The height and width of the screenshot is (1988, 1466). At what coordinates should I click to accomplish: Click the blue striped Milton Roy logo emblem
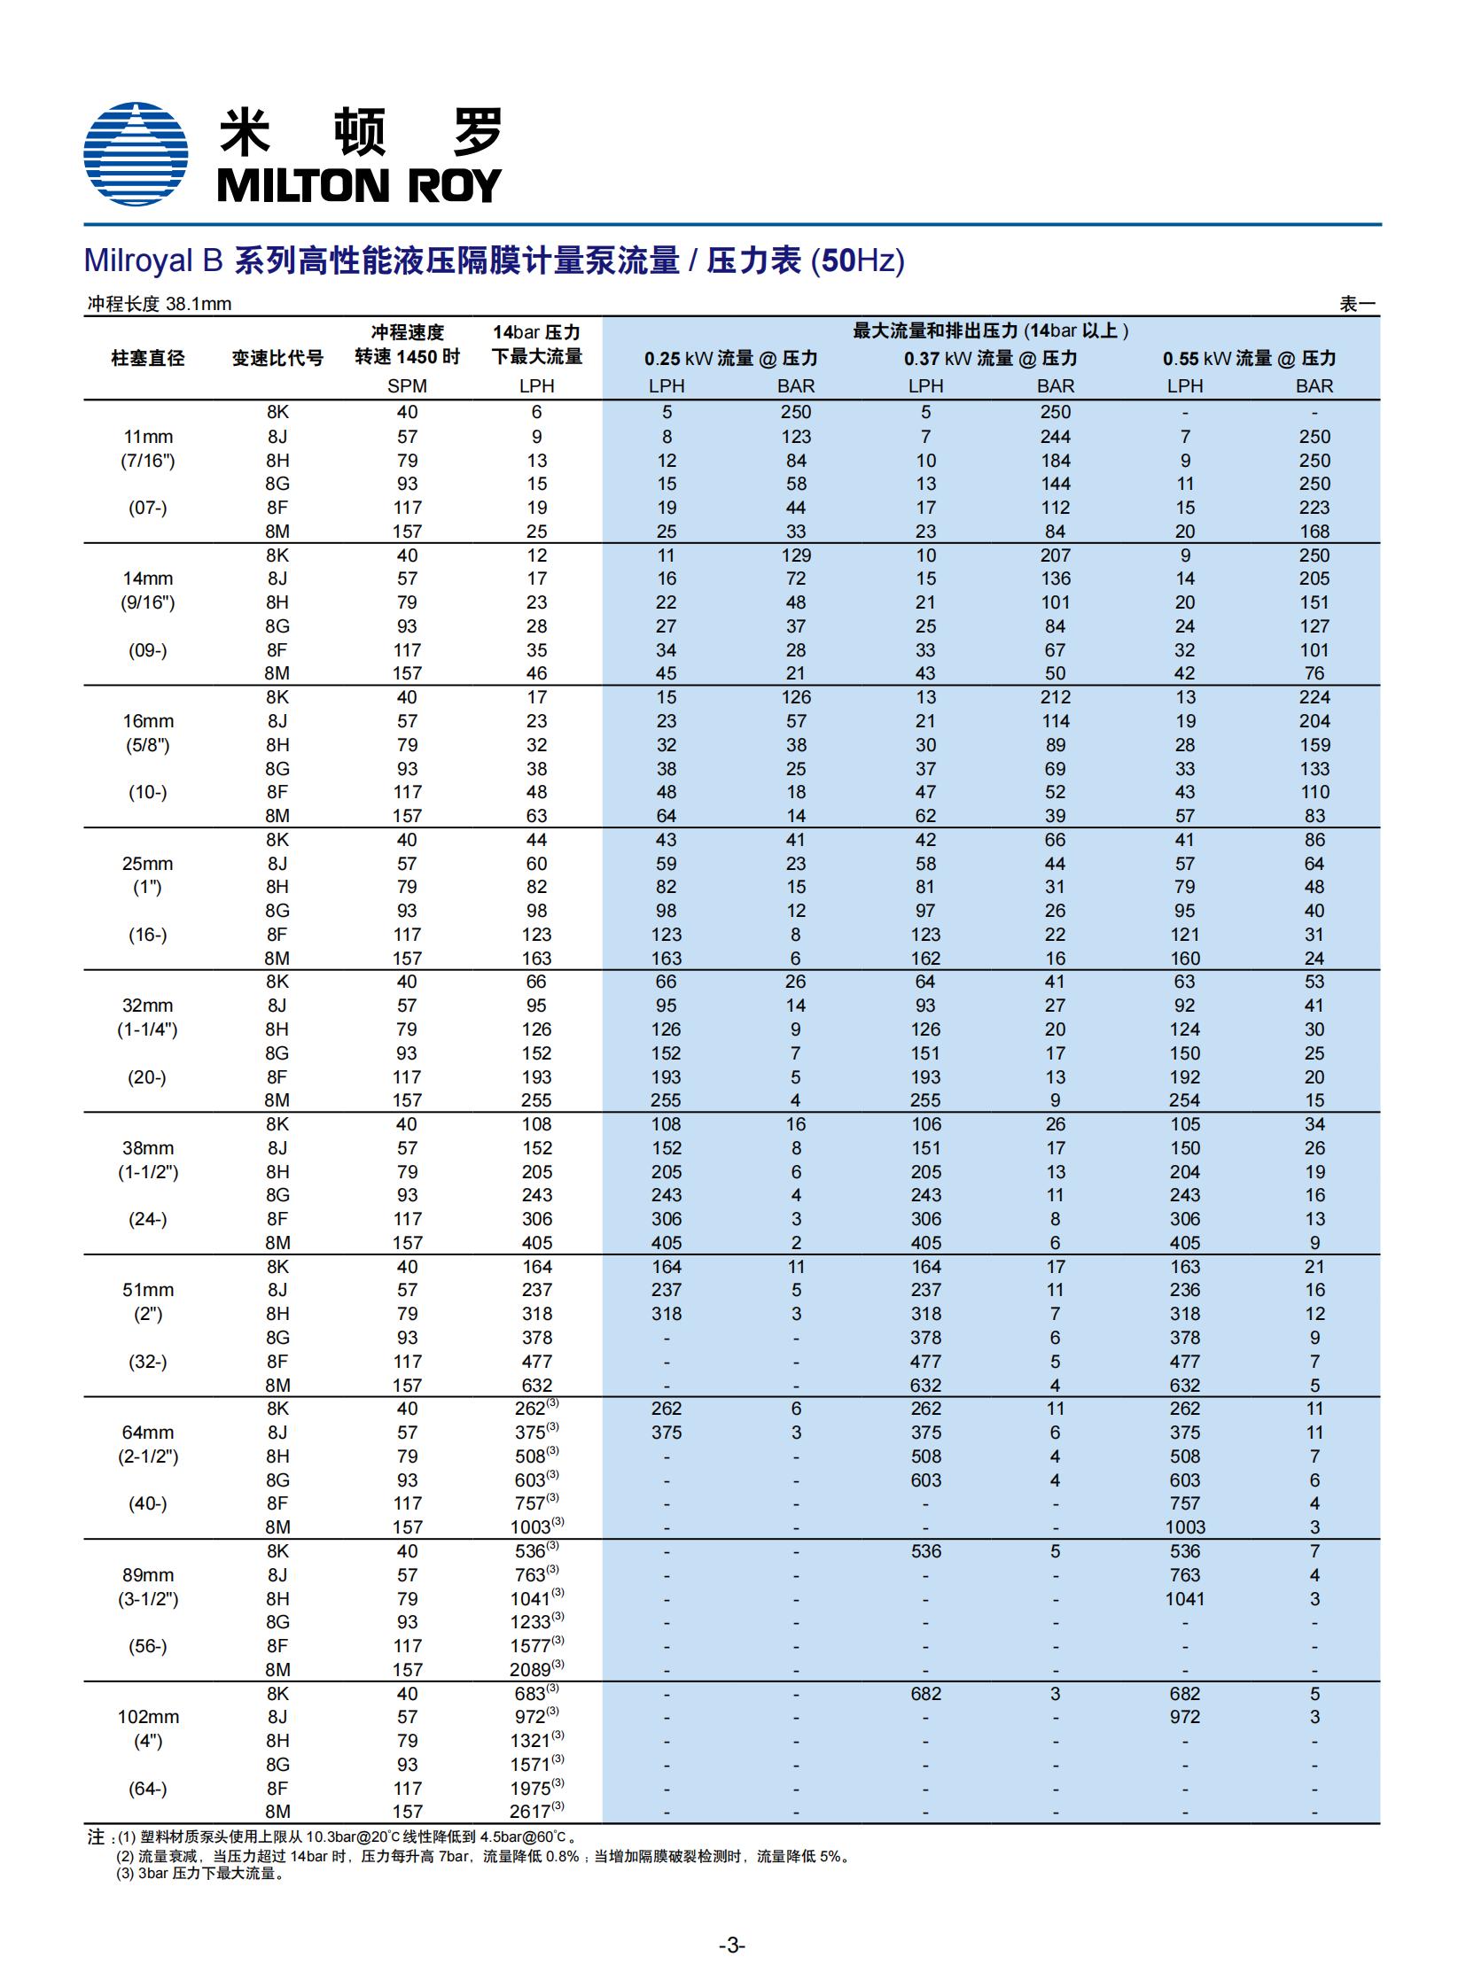click(x=135, y=153)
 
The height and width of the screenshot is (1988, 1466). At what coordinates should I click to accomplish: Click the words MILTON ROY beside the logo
click(x=358, y=185)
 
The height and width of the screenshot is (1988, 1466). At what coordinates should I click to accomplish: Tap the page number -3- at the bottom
click(x=731, y=1945)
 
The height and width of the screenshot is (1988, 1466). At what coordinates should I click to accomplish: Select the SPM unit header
click(x=407, y=386)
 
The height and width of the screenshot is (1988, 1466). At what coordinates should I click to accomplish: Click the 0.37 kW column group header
click(x=989, y=359)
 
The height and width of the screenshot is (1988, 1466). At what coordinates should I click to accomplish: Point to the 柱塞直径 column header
click(x=147, y=359)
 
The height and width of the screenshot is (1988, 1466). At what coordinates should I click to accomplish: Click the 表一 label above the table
click(x=1357, y=304)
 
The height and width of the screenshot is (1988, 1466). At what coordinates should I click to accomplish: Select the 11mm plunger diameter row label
click(x=147, y=437)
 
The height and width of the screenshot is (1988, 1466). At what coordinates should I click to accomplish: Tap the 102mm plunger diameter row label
click(x=147, y=1717)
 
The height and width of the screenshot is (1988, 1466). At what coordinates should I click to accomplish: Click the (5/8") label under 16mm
click(x=147, y=745)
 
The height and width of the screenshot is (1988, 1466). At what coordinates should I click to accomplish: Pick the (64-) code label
click(x=147, y=1789)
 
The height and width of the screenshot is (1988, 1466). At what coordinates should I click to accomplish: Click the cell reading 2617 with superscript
click(x=535, y=1812)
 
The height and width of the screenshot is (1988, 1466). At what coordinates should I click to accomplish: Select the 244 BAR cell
click(x=1055, y=437)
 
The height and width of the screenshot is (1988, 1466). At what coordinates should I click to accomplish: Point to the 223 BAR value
click(x=1314, y=508)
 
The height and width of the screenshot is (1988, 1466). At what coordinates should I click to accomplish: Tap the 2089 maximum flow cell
click(x=535, y=1670)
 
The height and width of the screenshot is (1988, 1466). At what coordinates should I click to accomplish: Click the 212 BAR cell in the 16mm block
click(x=1055, y=697)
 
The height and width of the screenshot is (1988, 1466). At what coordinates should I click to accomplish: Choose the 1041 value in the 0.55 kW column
click(x=1185, y=1598)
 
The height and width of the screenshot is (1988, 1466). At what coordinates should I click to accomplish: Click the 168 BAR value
click(x=1314, y=532)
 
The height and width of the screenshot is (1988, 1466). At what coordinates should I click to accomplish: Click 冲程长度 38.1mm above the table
click(x=159, y=304)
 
